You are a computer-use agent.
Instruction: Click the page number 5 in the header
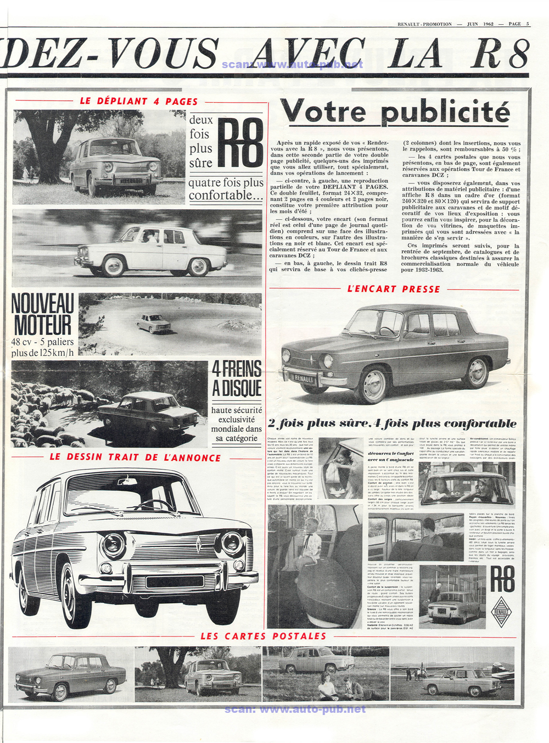pos(528,24)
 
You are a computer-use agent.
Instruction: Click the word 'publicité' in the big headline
pos(445,113)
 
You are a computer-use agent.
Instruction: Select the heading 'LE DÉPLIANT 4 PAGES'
pos(139,101)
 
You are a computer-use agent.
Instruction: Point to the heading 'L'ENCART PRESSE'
pos(394,289)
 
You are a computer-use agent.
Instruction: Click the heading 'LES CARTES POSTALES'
pos(264,636)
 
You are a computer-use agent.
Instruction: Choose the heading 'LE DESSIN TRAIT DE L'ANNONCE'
pos(135,457)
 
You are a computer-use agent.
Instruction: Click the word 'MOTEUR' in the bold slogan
pos(43,325)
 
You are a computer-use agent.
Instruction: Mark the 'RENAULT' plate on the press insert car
pos(304,378)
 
